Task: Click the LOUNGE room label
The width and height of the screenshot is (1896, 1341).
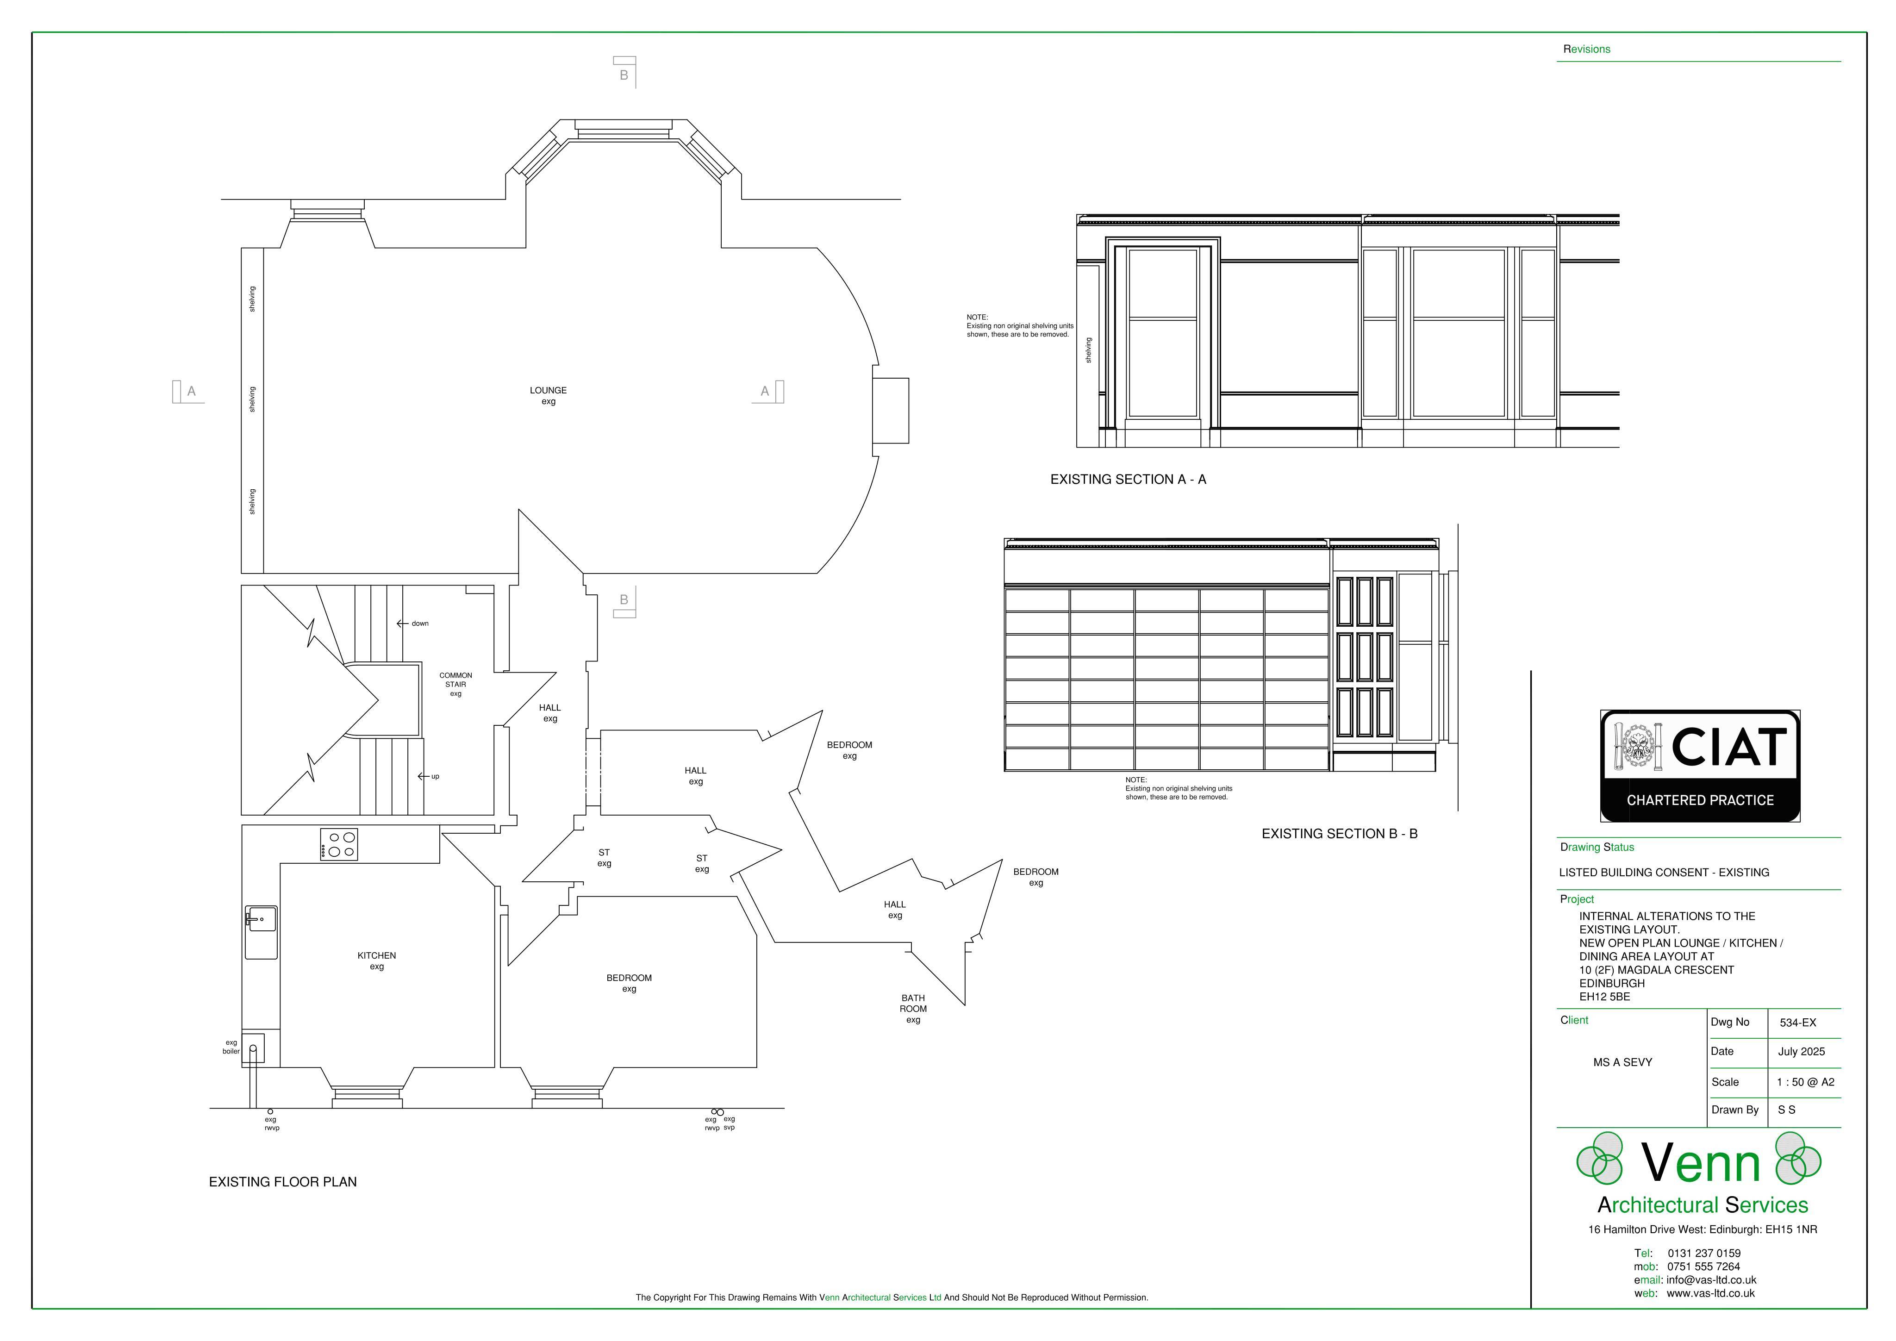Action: coord(549,395)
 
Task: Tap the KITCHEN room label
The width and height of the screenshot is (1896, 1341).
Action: coord(376,961)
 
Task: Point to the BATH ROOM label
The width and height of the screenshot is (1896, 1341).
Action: coord(913,1008)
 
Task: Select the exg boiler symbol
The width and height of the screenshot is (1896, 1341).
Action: coord(253,1049)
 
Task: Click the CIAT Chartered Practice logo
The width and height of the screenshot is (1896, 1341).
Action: coord(1700,766)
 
